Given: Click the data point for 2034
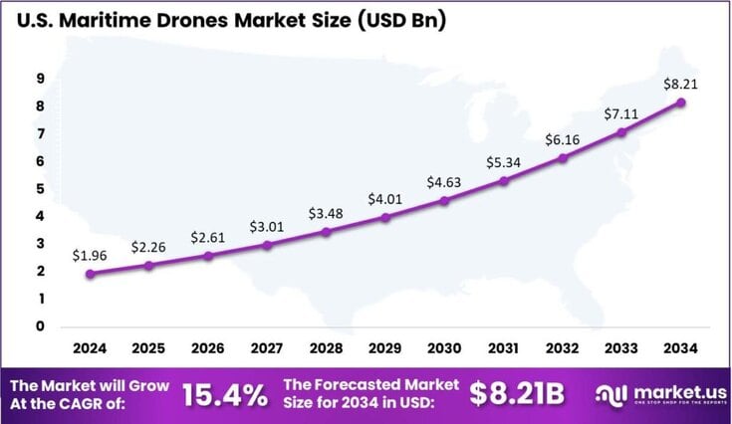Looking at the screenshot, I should point(679,103).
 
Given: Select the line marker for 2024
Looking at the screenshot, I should point(90,274).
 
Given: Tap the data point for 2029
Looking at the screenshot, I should point(384,217).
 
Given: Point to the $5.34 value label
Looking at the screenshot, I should point(502,161).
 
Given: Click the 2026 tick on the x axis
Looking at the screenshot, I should point(207,349).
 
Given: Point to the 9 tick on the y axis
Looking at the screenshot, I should point(40,79).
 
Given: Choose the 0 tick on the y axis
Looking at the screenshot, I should point(40,325).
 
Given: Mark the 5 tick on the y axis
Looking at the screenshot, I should point(40,188).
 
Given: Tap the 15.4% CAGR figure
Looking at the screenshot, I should point(225,395).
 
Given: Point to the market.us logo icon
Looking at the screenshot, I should point(609,394).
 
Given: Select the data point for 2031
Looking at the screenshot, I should point(503,181).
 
